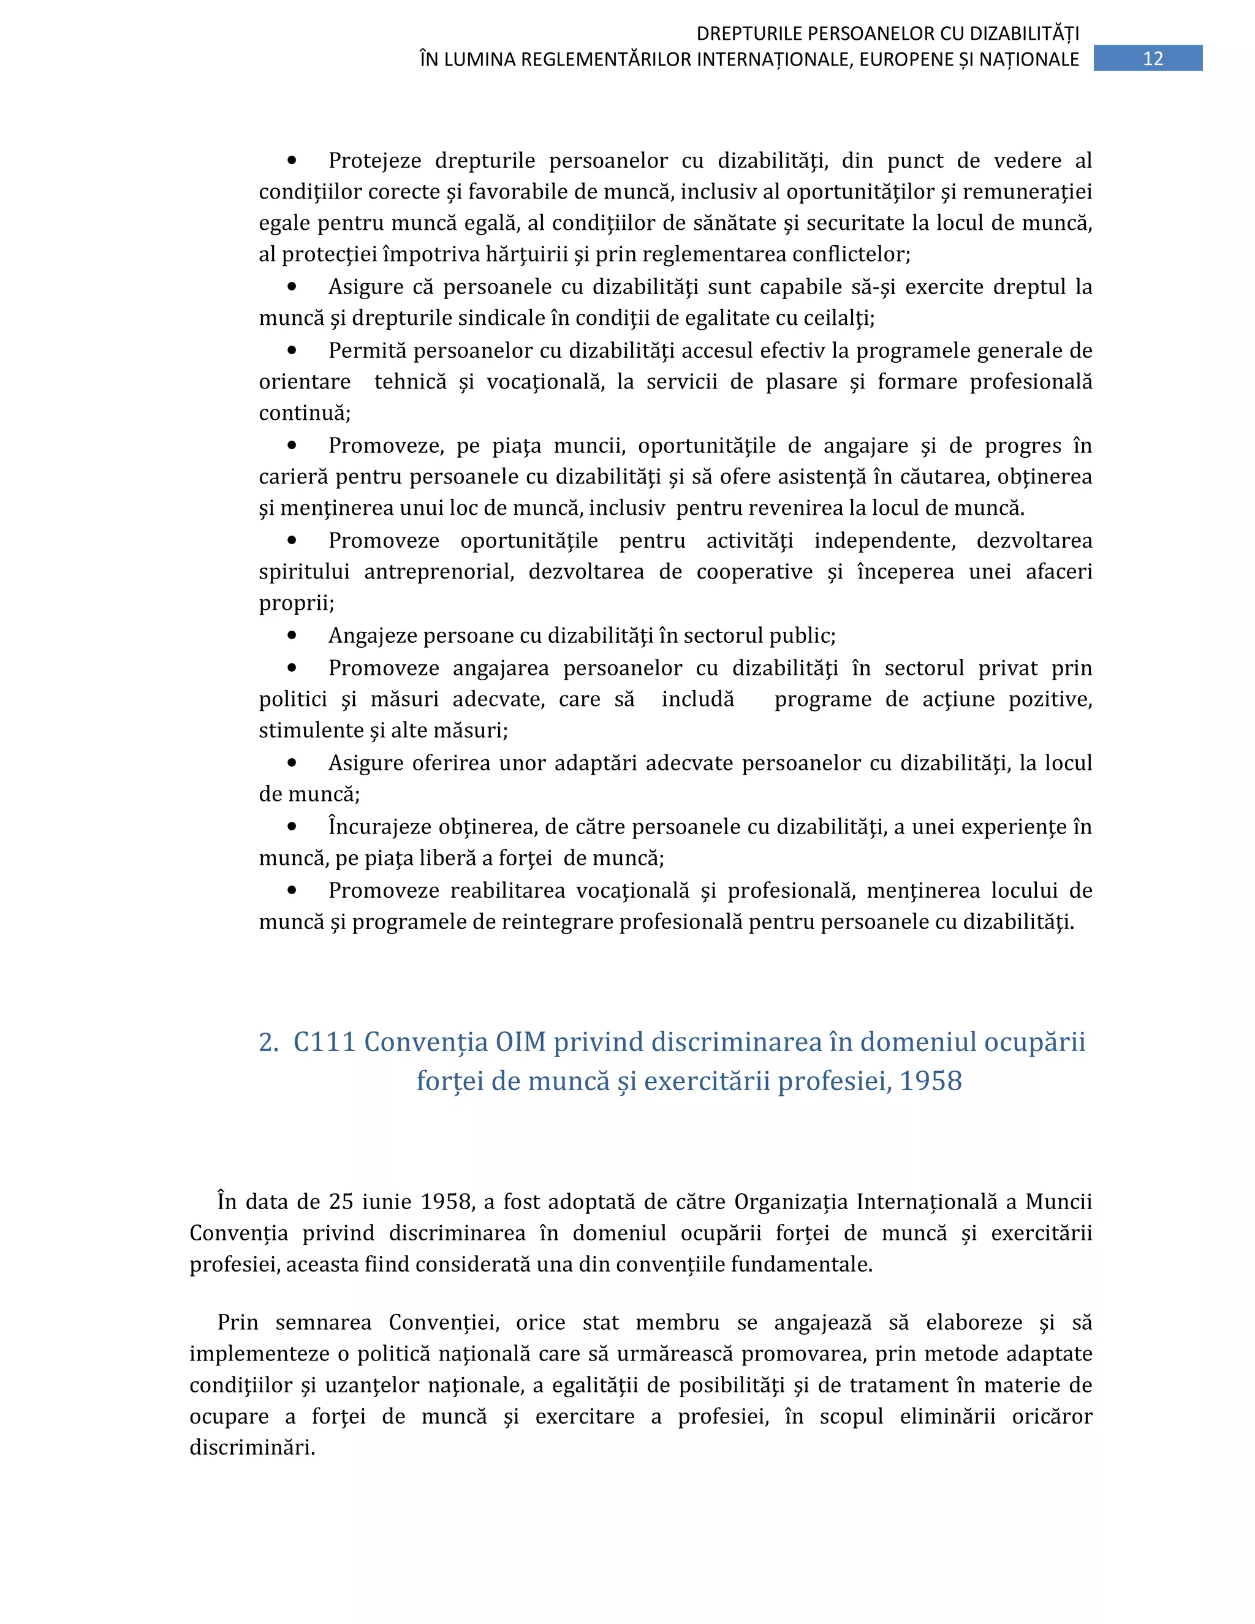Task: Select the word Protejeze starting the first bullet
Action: tap(374, 161)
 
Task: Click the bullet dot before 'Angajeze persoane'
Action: tap(292, 635)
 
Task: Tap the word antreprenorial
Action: tap(439, 572)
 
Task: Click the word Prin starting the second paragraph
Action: tap(237, 1323)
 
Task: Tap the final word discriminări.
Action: tap(252, 1448)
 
